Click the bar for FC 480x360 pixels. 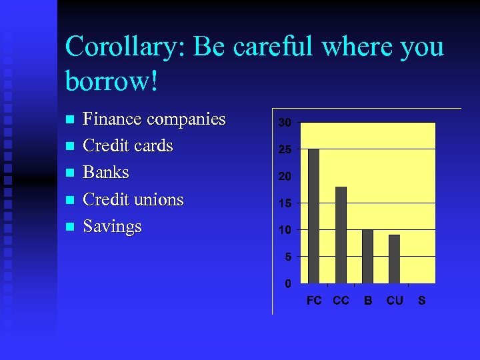click(x=314, y=216)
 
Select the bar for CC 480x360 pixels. click(x=341, y=235)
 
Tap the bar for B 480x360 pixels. click(x=367, y=256)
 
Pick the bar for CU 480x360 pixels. click(x=394, y=259)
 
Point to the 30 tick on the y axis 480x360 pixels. click(x=285, y=123)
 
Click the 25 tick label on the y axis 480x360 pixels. click(x=285, y=150)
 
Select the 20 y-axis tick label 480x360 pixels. click(x=285, y=177)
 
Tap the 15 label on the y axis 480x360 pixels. click(x=285, y=203)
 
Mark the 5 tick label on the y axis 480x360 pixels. click(x=287, y=257)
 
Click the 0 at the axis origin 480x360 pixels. click(x=287, y=283)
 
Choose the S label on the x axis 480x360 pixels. click(x=421, y=301)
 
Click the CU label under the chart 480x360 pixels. click(x=395, y=301)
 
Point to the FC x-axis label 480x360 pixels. click(x=314, y=301)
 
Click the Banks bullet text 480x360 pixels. click(x=105, y=173)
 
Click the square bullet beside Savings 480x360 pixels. click(x=69, y=227)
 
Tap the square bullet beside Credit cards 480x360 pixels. click(x=69, y=147)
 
